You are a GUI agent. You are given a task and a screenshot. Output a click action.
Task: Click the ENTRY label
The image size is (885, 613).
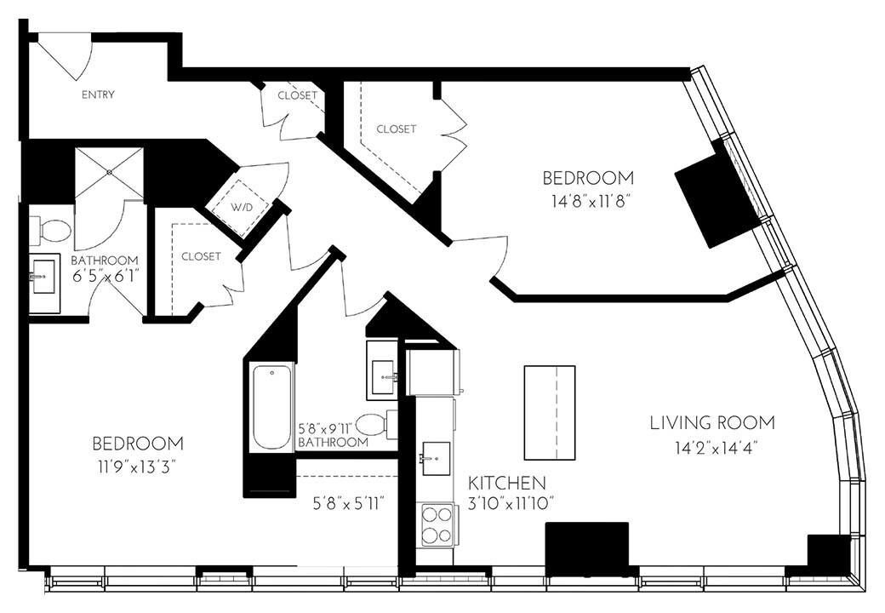pyautogui.click(x=98, y=95)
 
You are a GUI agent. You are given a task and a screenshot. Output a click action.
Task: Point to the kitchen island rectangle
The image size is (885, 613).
pyautogui.click(x=549, y=412)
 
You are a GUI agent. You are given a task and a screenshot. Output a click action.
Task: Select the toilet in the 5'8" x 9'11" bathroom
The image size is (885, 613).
pyautogui.click(x=375, y=424)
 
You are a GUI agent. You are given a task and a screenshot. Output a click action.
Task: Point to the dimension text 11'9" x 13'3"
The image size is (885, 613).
pyautogui.click(x=137, y=467)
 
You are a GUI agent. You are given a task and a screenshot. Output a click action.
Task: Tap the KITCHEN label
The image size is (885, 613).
pyautogui.click(x=507, y=482)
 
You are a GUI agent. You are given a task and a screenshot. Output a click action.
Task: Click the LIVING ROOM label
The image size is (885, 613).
pyautogui.click(x=712, y=422)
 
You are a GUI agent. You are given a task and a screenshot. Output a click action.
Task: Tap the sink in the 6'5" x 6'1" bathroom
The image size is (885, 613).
pyautogui.click(x=43, y=277)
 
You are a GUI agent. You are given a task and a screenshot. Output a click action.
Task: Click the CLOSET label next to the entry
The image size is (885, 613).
pyautogui.click(x=297, y=95)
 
